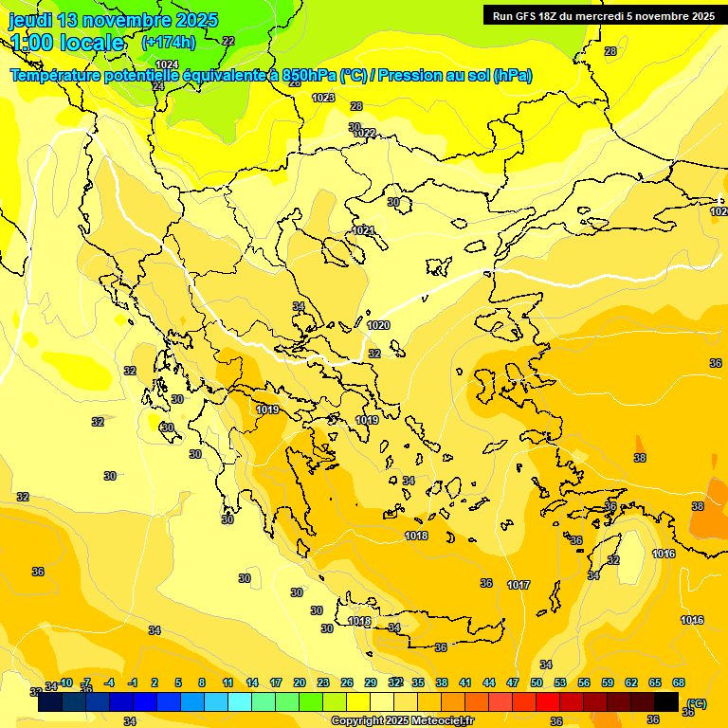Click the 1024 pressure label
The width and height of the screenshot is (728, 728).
pos(167,64)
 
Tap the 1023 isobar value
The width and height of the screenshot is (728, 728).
pos(323,98)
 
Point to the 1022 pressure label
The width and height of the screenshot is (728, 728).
pos(365,133)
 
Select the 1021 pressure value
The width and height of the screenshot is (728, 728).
pos(363,230)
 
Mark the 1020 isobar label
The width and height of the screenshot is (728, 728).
pos(378,325)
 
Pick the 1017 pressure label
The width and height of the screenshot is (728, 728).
pos(519,585)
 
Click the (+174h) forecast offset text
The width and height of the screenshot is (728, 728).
pos(169,42)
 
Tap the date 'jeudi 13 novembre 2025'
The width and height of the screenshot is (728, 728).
pos(113,20)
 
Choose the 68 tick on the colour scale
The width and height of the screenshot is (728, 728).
pos(679,682)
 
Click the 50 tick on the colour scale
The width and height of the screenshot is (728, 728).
pos(537,682)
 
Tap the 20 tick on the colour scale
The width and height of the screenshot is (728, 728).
pos(300,682)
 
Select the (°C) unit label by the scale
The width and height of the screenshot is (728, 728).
pos(697,703)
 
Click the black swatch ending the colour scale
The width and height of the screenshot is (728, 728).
pos(666,702)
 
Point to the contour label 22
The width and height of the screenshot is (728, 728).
pos(228,41)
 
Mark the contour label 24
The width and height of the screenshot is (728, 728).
pos(158,86)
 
